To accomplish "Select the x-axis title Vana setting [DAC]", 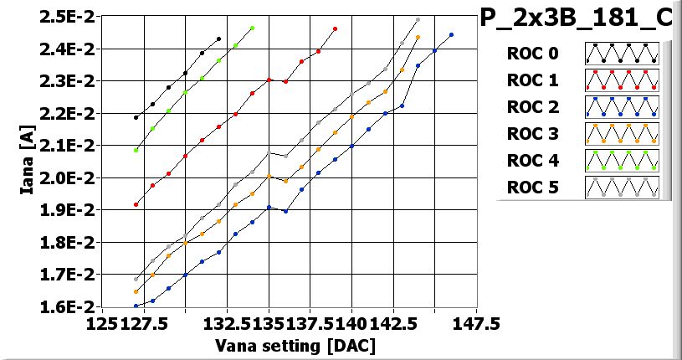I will [295, 345].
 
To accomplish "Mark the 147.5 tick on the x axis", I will [476, 323].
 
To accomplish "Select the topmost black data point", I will [218, 39].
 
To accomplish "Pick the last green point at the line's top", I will [252, 28].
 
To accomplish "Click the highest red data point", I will [335, 28].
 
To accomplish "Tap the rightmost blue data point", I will [451, 35].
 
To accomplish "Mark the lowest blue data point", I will [136, 306].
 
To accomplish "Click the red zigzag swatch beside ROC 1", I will [622, 80].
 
